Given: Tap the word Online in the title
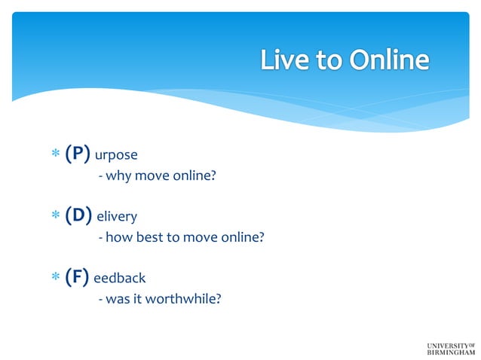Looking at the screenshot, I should [x=387, y=59].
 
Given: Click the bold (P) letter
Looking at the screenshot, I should [x=78, y=154].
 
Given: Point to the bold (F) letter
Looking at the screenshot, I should [x=77, y=277].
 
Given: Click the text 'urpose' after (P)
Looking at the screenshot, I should [x=117, y=157].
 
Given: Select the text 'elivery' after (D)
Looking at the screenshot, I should [x=118, y=217].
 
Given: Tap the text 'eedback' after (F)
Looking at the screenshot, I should [x=119, y=279].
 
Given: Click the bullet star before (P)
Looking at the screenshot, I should [x=55, y=155].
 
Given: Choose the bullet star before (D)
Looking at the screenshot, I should [x=55, y=216].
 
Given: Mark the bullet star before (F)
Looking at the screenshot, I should [x=55, y=278].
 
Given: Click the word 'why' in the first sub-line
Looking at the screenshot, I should [x=118, y=178].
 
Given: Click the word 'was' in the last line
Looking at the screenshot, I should [x=118, y=299].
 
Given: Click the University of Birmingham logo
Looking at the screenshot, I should [x=451, y=348].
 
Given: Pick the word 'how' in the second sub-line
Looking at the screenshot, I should [x=118, y=238].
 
